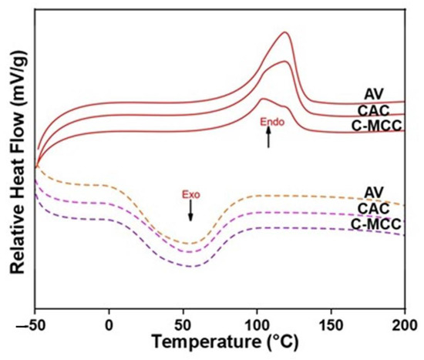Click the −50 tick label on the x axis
click(x=36, y=321)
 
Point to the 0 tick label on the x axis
click(x=110, y=321)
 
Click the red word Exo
click(x=190, y=195)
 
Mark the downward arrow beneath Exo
click(x=190, y=213)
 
